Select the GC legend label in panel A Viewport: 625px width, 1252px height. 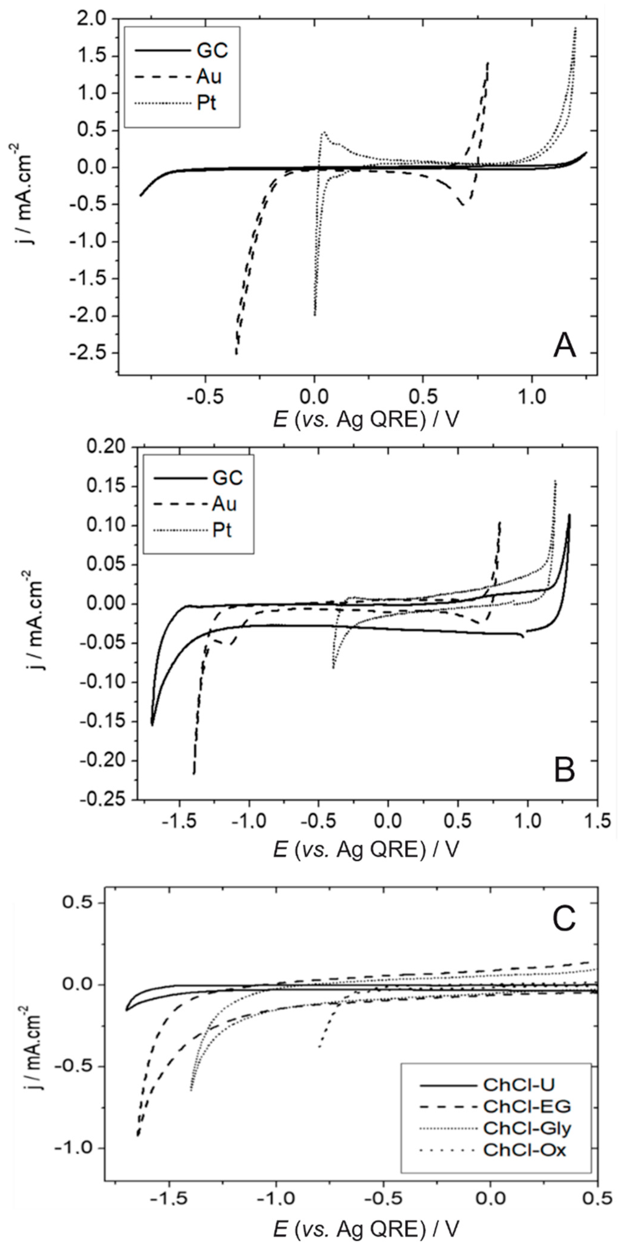click(x=213, y=51)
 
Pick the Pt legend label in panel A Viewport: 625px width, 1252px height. click(x=207, y=103)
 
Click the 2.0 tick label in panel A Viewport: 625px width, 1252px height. click(x=95, y=19)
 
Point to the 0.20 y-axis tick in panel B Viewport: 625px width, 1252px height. click(x=107, y=447)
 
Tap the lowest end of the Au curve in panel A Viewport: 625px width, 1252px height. click(x=236, y=353)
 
